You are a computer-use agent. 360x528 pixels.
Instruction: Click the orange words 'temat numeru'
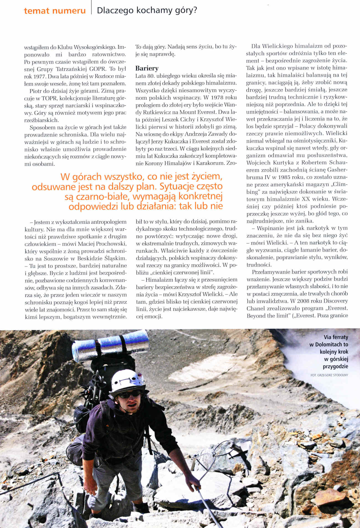(55, 11)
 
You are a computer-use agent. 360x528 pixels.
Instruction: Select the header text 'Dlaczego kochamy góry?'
(147, 11)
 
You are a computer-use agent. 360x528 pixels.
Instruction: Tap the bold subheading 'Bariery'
(147, 68)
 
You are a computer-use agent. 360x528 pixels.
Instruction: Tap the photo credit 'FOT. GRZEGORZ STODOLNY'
(329, 375)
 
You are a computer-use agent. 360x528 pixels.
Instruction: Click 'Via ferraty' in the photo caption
(336, 337)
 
